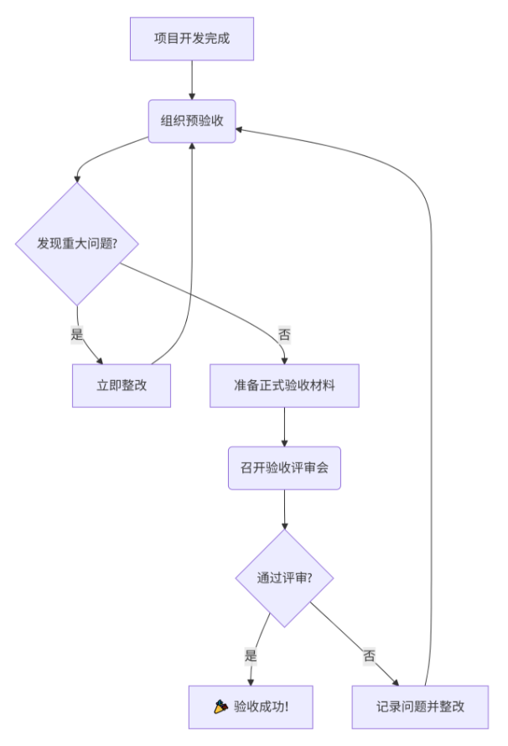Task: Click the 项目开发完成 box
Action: (192, 39)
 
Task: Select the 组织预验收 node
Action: (192, 121)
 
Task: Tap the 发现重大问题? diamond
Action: (76, 244)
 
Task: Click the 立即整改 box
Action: (122, 386)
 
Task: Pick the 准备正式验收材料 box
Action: (284, 386)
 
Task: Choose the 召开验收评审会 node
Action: (284, 468)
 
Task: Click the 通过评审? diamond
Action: (284, 578)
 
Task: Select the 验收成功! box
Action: (251, 707)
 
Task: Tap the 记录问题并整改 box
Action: (420, 707)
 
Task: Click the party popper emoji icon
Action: (221, 707)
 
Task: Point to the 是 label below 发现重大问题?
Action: (76, 334)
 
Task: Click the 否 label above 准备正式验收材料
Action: (284, 334)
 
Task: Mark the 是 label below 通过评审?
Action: (250, 656)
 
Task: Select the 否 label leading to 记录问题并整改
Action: (369, 656)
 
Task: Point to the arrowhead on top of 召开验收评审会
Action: (284, 442)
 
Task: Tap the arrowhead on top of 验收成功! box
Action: (251, 681)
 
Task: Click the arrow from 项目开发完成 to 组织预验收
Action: (192, 80)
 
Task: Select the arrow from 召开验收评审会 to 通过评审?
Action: (284, 509)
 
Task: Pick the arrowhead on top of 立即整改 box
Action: (101, 360)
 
